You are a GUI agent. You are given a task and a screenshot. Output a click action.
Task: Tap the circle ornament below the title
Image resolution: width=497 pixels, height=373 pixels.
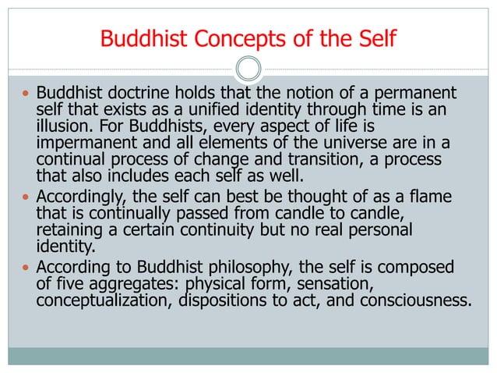[248, 69]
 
